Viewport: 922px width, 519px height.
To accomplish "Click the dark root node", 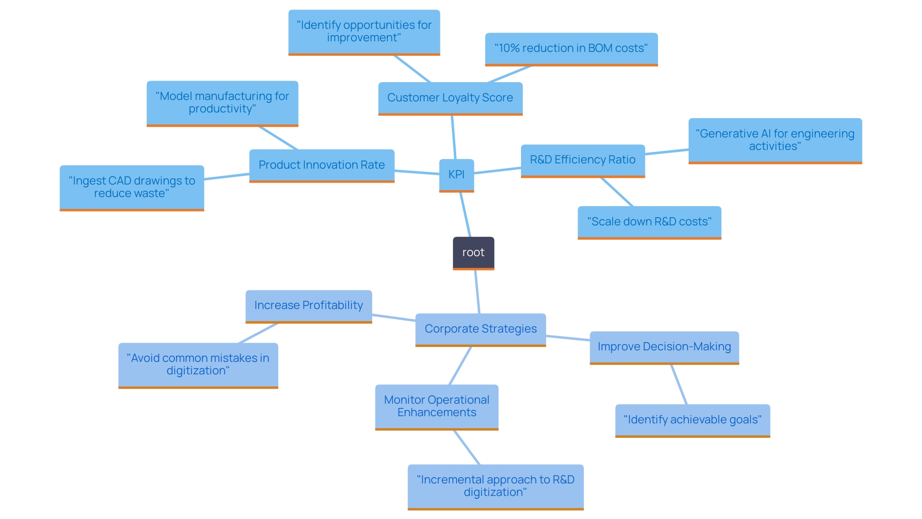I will (473, 253).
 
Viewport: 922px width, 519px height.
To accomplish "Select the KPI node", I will (456, 175).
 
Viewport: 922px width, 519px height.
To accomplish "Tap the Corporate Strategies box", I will (480, 329).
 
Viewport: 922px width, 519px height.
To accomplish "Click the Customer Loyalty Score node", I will (450, 98).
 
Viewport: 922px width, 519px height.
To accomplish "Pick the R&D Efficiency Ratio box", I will (582, 160).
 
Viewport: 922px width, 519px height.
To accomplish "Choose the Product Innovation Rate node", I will (321, 165).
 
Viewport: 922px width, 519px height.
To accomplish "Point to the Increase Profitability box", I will (308, 306).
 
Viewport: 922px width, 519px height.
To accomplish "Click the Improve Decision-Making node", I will (664, 347).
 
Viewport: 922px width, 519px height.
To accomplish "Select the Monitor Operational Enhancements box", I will (437, 407).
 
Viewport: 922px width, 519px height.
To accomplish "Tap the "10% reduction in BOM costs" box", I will (571, 49).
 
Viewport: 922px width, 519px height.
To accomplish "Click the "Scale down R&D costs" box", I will (649, 222).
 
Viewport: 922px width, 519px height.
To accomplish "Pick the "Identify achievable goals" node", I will (692, 420).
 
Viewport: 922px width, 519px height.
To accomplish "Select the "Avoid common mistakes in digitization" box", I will (198, 365).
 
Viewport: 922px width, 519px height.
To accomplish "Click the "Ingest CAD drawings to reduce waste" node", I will (132, 187).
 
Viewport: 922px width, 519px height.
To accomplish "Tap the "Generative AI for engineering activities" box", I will (775, 140).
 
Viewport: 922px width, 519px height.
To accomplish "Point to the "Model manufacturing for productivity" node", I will (222, 103).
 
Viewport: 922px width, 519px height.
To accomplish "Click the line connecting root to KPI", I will (465, 214).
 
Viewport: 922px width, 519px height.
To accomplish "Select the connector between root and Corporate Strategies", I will (477, 292).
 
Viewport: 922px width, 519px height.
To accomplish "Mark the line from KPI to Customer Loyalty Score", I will (453, 137).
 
